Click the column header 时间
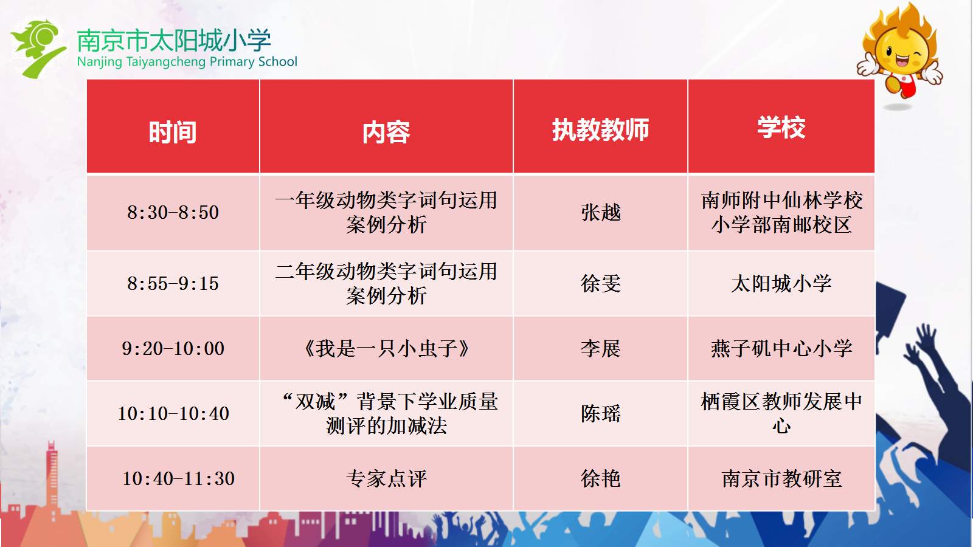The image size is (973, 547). tap(173, 132)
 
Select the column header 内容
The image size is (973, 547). tap(386, 132)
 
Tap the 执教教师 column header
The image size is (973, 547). tap(601, 129)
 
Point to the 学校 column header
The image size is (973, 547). tap(781, 128)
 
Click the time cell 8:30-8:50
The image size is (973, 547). tap(173, 212)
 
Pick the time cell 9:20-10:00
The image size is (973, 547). tap(173, 348)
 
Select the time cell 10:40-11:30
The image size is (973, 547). tap(179, 478)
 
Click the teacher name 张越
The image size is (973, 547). tap(601, 212)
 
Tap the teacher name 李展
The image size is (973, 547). tap(601, 348)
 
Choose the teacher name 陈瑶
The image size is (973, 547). tap(601, 413)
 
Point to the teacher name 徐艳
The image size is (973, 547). tap(601, 478)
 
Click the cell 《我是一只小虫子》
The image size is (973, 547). tap(386, 348)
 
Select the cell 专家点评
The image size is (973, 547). tap(386, 478)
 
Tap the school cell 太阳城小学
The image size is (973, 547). tap(781, 283)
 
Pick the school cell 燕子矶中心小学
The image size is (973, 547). tap(781, 348)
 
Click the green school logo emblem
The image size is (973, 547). tap(38, 49)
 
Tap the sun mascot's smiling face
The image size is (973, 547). tap(902, 54)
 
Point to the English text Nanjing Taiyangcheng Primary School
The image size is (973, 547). tap(187, 61)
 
